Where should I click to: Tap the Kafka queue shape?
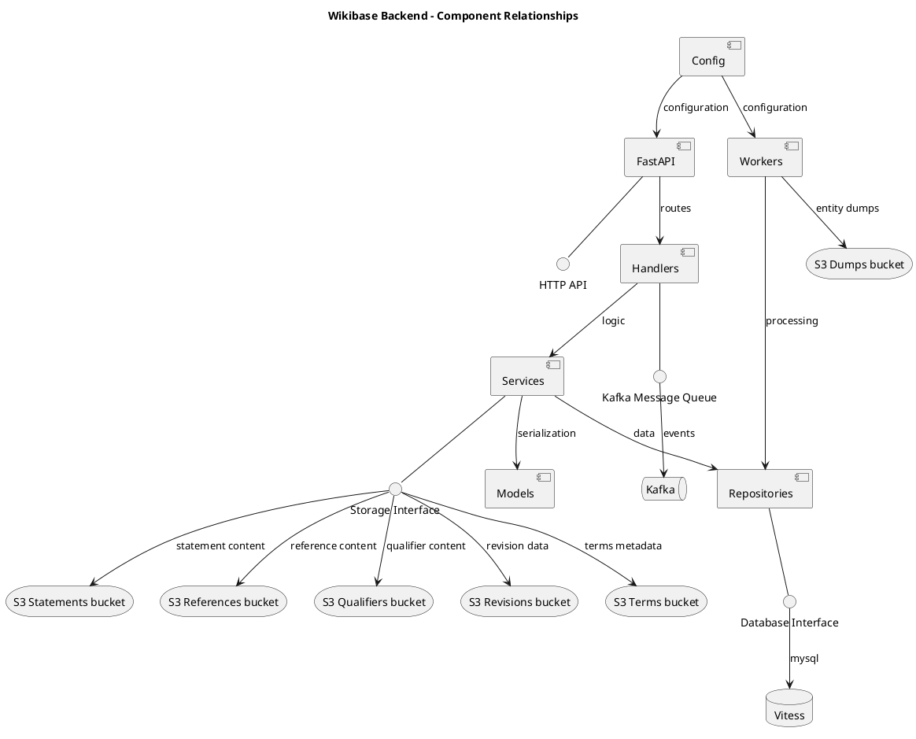click(x=663, y=490)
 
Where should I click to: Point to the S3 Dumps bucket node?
click(x=859, y=264)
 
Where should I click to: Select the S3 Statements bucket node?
click(x=69, y=602)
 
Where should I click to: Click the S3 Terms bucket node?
click(x=656, y=602)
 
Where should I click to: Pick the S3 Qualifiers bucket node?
click(x=375, y=602)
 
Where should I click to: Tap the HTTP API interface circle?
click(x=563, y=264)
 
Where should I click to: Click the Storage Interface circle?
click(x=395, y=489)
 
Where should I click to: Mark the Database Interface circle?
click(x=789, y=602)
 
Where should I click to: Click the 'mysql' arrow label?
click(x=804, y=658)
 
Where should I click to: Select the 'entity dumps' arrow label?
click(x=847, y=209)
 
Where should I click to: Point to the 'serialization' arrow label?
click(x=546, y=433)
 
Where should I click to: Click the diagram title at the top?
click(x=453, y=16)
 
